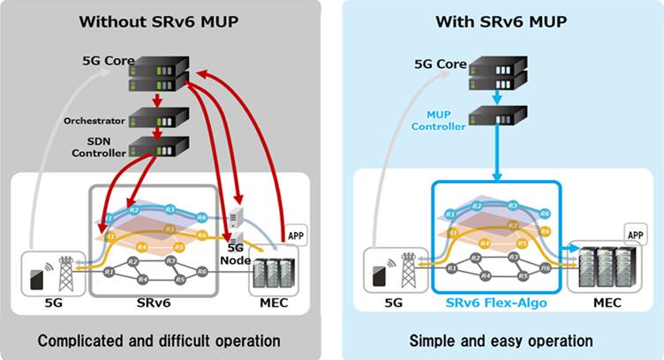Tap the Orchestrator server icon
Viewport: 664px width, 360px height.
point(159,118)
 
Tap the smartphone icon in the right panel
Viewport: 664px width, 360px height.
point(378,274)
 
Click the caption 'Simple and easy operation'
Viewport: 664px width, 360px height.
point(501,341)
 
